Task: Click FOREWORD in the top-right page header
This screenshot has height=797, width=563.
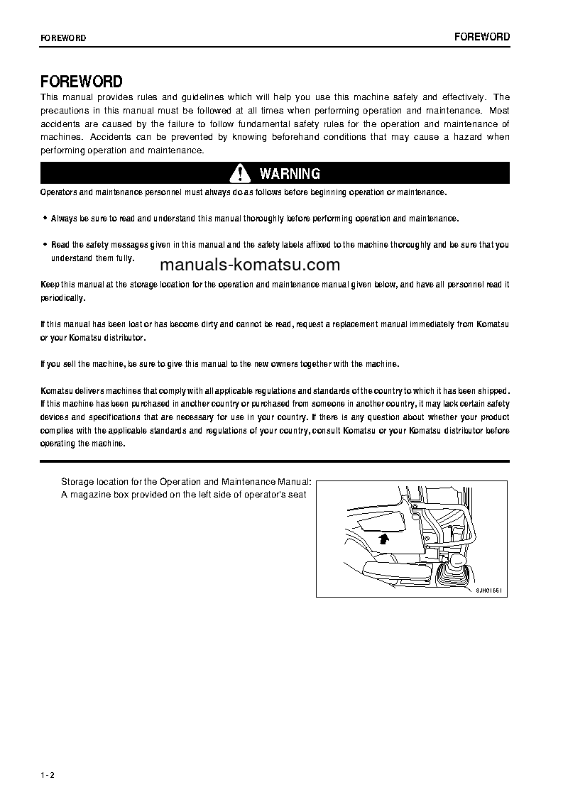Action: (482, 37)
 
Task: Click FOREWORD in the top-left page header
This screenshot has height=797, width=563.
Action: (63, 38)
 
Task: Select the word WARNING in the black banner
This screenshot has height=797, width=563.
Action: (290, 174)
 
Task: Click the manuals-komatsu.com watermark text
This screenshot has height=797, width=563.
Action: (250, 265)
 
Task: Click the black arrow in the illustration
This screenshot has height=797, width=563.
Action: (384, 539)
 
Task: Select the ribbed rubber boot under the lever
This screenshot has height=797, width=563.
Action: (452, 571)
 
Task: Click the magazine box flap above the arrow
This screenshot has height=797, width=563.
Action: (381, 524)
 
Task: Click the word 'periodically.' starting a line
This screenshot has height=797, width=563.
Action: (62, 298)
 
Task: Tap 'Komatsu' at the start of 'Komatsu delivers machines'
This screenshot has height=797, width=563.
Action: (55, 391)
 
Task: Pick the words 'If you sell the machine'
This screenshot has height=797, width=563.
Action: (82, 364)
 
